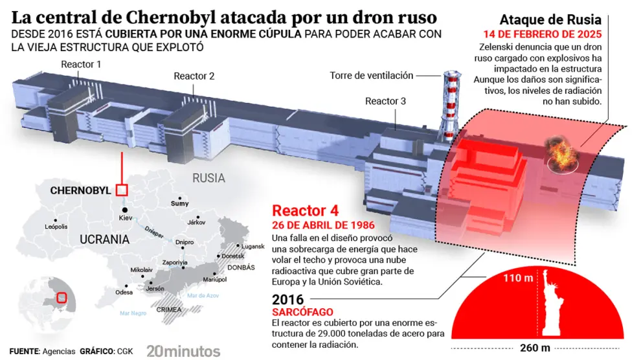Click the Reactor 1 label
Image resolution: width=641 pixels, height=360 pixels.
click(x=81, y=65)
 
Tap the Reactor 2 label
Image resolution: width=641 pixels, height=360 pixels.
click(x=194, y=76)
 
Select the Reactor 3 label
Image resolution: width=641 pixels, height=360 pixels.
click(x=385, y=102)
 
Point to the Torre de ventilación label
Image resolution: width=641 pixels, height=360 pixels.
click(x=372, y=76)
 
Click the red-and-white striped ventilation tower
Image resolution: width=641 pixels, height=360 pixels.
click(x=450, y=106)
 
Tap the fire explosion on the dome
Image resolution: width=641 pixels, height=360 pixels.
click(x=563, y=155)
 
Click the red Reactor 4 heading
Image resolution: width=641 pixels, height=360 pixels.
click(x=306, y=211)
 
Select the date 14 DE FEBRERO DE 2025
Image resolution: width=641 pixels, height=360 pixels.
click(x=543, y=34)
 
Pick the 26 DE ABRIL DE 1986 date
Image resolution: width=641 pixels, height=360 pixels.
click(x=323, y=225)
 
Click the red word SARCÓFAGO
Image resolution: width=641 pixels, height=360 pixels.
click(x=302, y=312)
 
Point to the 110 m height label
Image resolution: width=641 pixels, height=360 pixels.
click(x=518, y=278)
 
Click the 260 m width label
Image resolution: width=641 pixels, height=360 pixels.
click(x=535, y=348)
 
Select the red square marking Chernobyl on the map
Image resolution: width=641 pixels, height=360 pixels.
click(x=122, y=190)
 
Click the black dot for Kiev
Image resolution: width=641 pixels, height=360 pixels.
click(x=125, y=210)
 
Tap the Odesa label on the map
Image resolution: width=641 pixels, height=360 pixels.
click(x=124, y=292)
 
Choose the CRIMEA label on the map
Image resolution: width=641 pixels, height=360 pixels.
click(x=169, y=309)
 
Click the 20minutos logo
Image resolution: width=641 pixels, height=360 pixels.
click(x=183, y=351)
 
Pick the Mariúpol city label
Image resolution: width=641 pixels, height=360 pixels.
click(x=214, y=280)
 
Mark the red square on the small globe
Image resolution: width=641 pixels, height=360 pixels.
click(x=62, y=297)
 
